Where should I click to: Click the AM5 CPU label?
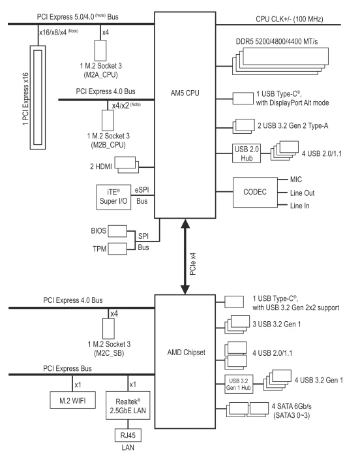[x=185, y=93]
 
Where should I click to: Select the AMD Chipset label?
[x=186, y=353]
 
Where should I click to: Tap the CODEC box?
[x=255, y=192]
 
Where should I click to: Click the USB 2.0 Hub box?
[x=247, y=153]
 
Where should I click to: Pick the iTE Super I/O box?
[x=113, y=197]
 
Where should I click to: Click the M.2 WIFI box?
[x=72, y=400]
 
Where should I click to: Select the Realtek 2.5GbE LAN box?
[x=128, y=405]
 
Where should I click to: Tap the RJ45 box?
[x=128, y=435]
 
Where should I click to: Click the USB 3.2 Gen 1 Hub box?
[x=239, y=384]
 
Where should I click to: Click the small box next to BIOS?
[x=117, y=231]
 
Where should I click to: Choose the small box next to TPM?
[x=117, y=249]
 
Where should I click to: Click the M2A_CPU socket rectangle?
[x=100, y=51]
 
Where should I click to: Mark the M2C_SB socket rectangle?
[x=108, y=328]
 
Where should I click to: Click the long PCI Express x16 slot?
[x=38, y=97]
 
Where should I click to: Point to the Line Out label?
[x=303, y=193]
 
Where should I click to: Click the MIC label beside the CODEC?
[x=296, y=180]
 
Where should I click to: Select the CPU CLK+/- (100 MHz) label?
[x=290, y=19]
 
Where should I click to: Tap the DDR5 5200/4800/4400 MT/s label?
[x=277, y=42]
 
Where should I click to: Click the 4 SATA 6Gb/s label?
[x=292, y=406]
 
